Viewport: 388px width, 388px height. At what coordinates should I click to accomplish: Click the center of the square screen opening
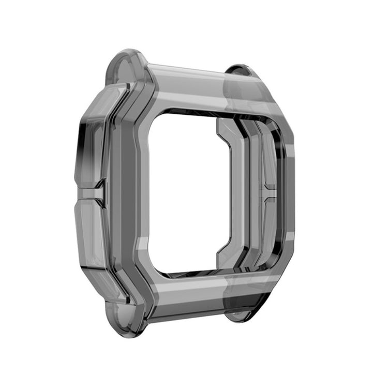189,191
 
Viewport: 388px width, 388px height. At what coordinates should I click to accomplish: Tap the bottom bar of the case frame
191,295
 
